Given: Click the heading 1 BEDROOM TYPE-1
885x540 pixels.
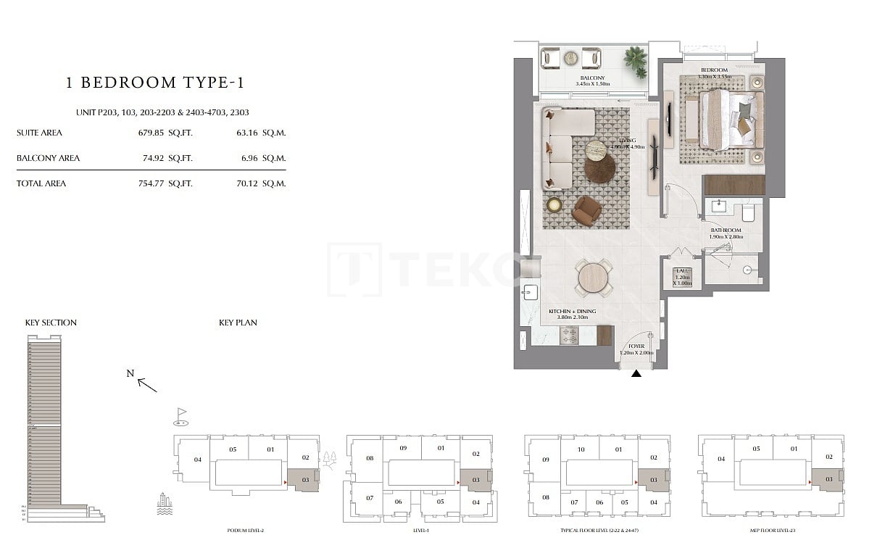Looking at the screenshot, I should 154,83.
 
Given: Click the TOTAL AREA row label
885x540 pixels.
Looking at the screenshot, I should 41,183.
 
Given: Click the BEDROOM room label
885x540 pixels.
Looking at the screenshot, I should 711,70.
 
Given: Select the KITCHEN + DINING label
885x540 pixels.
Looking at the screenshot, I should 572,311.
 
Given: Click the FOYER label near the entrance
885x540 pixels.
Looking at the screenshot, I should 636,346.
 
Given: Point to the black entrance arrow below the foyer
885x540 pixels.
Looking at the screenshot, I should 636,374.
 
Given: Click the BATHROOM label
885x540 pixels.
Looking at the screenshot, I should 726,230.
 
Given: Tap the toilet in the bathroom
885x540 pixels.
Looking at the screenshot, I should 749,212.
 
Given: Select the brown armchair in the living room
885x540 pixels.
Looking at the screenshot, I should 586,210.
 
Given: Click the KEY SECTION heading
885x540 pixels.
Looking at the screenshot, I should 51,323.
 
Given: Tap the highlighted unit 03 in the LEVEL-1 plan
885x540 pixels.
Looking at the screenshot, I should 475,479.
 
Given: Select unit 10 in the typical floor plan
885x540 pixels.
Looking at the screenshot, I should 581,449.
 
